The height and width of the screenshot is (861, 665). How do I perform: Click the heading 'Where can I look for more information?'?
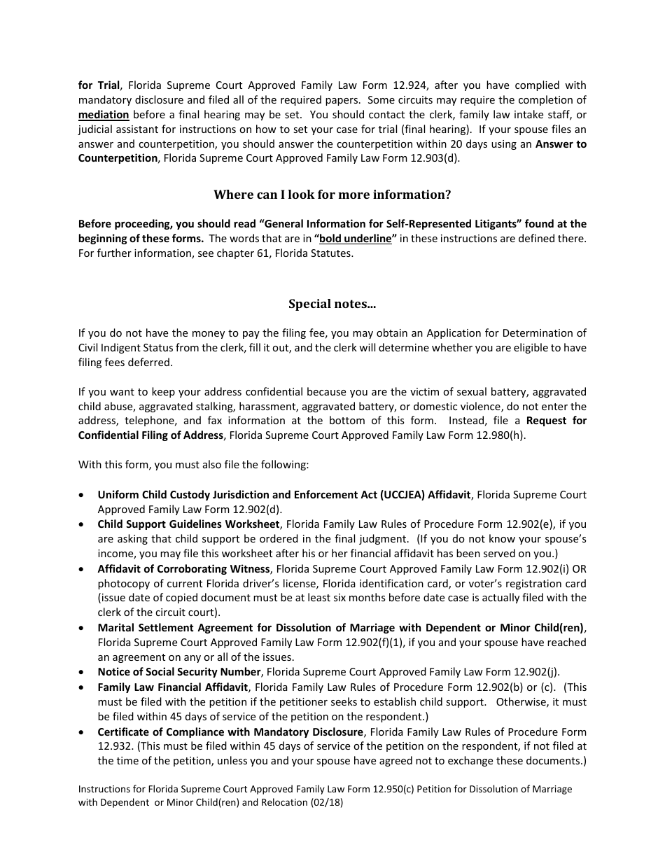point(332,195)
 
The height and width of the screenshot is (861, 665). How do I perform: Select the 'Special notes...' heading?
point(332,304)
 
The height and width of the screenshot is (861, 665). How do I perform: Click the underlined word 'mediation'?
point(104,115)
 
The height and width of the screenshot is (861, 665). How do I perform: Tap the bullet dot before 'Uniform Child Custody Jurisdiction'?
point(83,495)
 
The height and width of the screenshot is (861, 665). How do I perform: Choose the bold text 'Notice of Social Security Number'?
point(179,672)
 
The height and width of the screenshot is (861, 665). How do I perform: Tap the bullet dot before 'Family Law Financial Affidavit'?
point(83,687)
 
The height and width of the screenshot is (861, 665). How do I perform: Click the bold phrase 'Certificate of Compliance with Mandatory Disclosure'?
point(230,732)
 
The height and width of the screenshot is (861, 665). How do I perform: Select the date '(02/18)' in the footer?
point(326,804)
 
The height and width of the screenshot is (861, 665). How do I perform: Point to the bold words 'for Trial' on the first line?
point(99,85)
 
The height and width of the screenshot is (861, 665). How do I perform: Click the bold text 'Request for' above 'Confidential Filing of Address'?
point(556,421)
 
